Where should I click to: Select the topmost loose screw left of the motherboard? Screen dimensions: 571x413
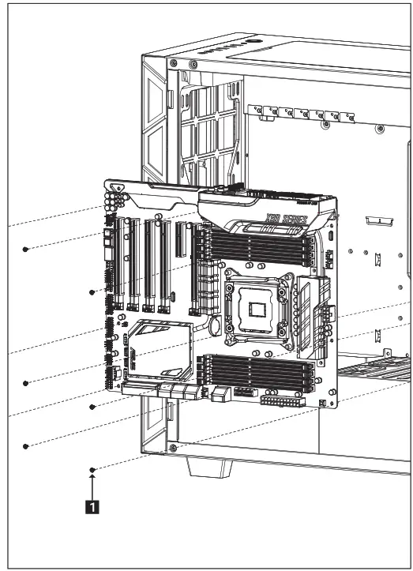pos(26,249)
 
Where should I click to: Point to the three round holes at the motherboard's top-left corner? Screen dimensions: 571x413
pos(117,191)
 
